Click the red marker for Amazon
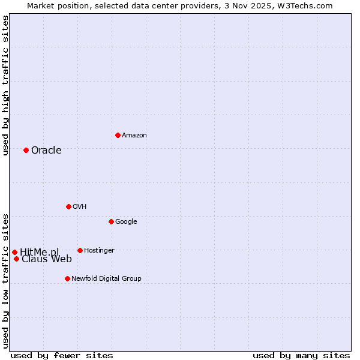pyautogui.click(x=118, y=135)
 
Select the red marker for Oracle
pyautogui.click(x=26, y=150)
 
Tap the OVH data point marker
pyautogui.click(x=68, y=206)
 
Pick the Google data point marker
pyautogui.click(x=111, y=221)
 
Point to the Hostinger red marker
pyautogui.click(x=80, y=250)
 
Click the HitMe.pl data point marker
pyautogui.click(x=14, y=252)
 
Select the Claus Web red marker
pyautogui.click(x=16, y=259)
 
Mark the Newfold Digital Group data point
pyautogui.click(x=67, y=278)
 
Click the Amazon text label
pyautogui.click(x=134, y=135)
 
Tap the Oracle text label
pyautogui.click(x=46, y=150)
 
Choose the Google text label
pyautogui.click(x=126, y=221)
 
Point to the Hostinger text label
pyautogui.click(x=99, y=250)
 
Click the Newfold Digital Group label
pyautogui.click(x=106, y=278)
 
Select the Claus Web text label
pyautogui.click(x=47, y=259)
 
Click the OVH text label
pyautogui.click(x=80, y=206)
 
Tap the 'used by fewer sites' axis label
pyautogui.click(x=62, y=355)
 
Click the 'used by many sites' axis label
pyautogui.click(x=301, y=355)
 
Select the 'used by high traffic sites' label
pyautogui.click(x=5, y=85)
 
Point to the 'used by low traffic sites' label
pyautogui.click(x=5, y=280)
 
